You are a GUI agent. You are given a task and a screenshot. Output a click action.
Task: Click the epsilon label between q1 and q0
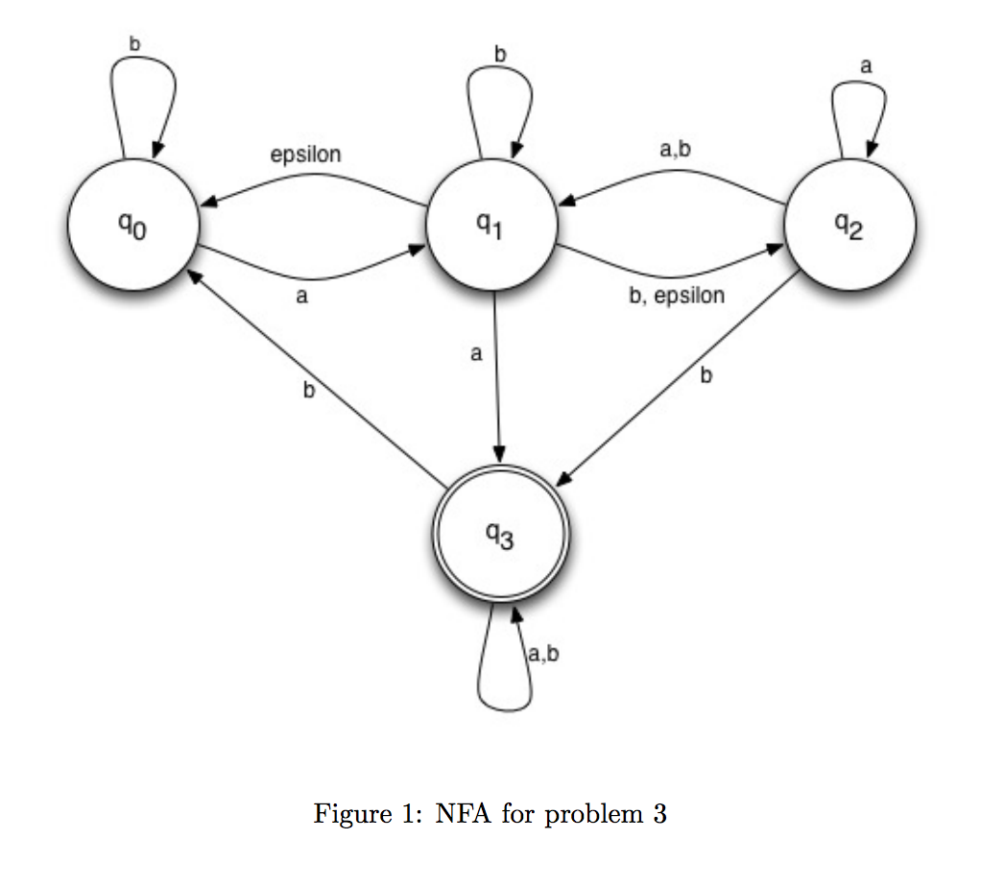coord(305,155)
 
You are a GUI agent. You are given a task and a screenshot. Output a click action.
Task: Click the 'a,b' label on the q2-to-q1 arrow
coord(675,150)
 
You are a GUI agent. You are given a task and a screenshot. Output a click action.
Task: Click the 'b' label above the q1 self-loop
coord(499,55)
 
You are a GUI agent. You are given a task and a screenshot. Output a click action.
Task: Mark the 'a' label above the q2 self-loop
coord(866,65)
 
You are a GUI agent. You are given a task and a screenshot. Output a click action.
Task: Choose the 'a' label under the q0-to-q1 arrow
coord(301,299)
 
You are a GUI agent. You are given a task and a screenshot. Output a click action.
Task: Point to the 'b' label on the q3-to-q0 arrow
coord(309,392)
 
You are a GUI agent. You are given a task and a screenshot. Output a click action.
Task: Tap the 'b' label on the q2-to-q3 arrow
coord(706,376)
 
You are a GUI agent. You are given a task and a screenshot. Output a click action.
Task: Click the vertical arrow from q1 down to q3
coord(496,384)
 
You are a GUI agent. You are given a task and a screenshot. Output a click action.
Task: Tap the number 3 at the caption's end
coord(659,815)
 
